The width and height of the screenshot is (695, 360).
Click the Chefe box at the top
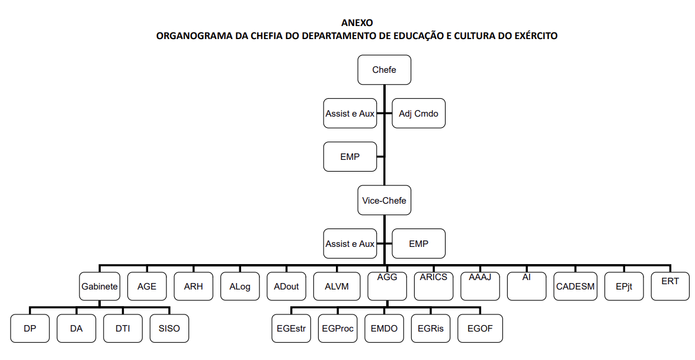(385, 69)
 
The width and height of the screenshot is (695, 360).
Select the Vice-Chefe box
(385, 200)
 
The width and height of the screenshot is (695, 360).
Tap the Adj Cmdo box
(418, 113)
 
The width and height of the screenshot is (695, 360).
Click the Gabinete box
(100, 286)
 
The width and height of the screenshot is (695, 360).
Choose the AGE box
(147, 286)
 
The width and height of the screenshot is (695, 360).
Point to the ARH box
(193, 286)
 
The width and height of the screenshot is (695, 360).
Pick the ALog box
(240, 286)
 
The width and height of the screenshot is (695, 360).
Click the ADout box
(286, 286)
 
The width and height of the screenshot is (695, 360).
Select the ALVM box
(337, 286)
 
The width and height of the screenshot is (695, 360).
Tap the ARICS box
(434, 286)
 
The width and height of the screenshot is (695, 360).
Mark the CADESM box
(575, 286)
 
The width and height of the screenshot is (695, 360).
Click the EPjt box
(624, 286)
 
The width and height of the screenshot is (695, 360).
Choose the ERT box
(670, 286)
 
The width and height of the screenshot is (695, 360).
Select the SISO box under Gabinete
(169, 328)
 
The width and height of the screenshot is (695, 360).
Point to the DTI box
(123, 328)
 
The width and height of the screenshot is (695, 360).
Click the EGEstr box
(291, 328)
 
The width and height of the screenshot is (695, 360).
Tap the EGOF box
(480, 328)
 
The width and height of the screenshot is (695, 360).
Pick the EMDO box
(385, 328)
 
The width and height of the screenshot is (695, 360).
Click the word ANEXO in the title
(357, 22)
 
